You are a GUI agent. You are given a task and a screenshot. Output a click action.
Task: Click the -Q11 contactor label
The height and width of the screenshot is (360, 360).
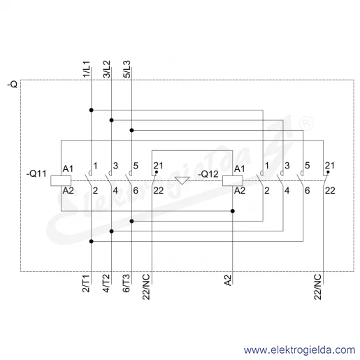click(36, 173)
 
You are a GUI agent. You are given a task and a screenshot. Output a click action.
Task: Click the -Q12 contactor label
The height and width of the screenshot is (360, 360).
click(208, 174)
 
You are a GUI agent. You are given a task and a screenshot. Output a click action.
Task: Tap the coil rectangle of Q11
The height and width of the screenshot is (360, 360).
click(61, 181)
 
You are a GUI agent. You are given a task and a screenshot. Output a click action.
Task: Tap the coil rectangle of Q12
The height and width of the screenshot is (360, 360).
click(233, 181)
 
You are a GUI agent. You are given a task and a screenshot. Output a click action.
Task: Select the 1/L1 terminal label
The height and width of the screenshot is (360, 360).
click(86, 69)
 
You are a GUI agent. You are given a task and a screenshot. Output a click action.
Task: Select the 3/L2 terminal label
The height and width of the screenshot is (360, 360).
click(106, 69)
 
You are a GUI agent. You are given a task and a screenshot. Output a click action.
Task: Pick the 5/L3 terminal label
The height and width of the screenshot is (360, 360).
click(127, 69)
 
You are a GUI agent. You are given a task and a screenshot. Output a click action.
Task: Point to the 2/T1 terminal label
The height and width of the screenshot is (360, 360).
click(86, 283)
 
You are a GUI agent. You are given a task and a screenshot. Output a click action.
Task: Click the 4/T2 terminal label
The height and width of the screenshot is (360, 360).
click(106, 283)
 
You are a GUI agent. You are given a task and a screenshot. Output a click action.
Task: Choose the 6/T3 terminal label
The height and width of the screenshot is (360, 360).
click(126, 283)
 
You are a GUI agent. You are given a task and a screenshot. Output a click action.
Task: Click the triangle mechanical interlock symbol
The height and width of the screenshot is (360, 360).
click(182, 180)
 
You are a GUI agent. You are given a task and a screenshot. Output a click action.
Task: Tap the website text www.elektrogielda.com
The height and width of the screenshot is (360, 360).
click(299, 350)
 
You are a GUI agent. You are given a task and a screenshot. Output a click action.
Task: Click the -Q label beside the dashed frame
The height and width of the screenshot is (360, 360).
click(13, 84)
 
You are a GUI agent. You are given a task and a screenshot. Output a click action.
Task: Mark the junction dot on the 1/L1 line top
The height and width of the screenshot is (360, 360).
click(92, 110)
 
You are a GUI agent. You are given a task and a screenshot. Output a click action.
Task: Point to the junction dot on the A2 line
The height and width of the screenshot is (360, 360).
click(233, 211)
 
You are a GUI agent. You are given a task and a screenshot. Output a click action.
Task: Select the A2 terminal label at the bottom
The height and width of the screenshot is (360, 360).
click(228, 280)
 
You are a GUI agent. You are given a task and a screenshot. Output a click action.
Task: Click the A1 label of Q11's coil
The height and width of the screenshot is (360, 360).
click(68, 168)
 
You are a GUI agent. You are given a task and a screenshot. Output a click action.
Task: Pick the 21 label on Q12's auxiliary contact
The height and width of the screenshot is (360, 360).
click(330, 166)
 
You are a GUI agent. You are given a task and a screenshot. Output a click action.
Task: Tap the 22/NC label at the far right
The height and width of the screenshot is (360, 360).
click(317, 287)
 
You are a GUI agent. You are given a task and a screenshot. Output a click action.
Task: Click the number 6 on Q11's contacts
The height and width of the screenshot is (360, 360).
click(136, 191)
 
